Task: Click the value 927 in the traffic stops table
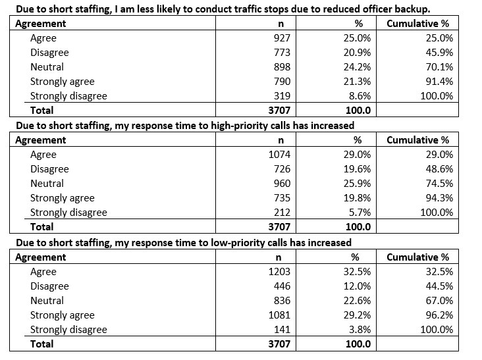click(x=282, y=38)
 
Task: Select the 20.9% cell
click(x=357, y=53)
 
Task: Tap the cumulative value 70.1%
click(x=439, y=67)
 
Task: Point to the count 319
click(x=282, y=96)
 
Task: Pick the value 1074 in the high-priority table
click(x=279, y=155)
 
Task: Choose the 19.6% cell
click(x=357, y=169)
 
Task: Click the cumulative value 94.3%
click(x=439, y=198)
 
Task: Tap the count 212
click(x=282, y=213)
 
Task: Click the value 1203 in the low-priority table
click(x=279, y=272)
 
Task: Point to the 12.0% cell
click(x=357, y=286)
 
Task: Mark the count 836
click(x=282, y=300)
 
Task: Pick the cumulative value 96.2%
click(x=439, y=315)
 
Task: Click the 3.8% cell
click(x=360, y=329)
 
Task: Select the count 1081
click(x=279, y=315)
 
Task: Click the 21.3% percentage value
click(x=357, y=82)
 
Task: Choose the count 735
click(x=282, y=198)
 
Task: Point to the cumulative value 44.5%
click(x=439, y=286)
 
